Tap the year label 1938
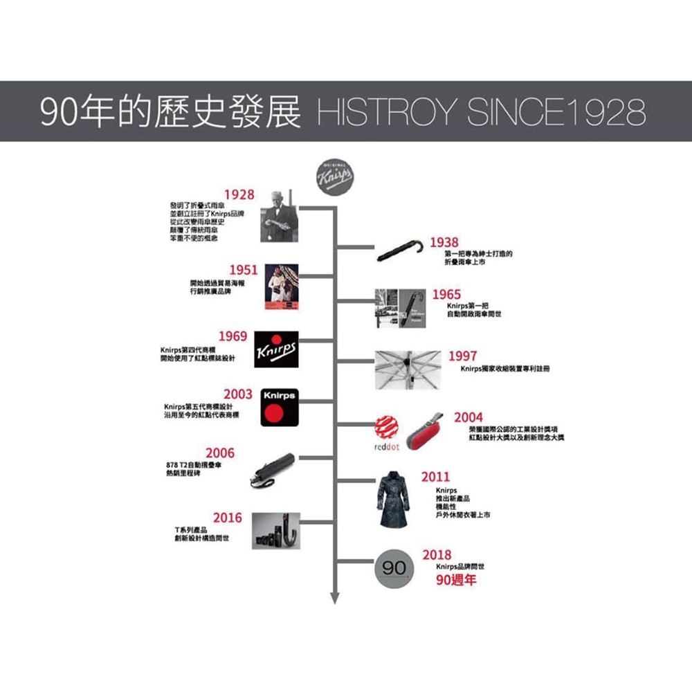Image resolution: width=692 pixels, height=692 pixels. click(444, 242)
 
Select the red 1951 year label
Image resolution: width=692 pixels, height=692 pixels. click(244, 270)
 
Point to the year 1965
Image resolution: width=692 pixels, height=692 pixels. click(446, 295)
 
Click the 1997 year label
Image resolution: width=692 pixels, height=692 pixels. click(462, 356)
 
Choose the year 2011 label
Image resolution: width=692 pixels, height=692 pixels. click(435, 477)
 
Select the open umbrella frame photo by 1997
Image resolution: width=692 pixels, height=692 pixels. click(407, 369)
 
